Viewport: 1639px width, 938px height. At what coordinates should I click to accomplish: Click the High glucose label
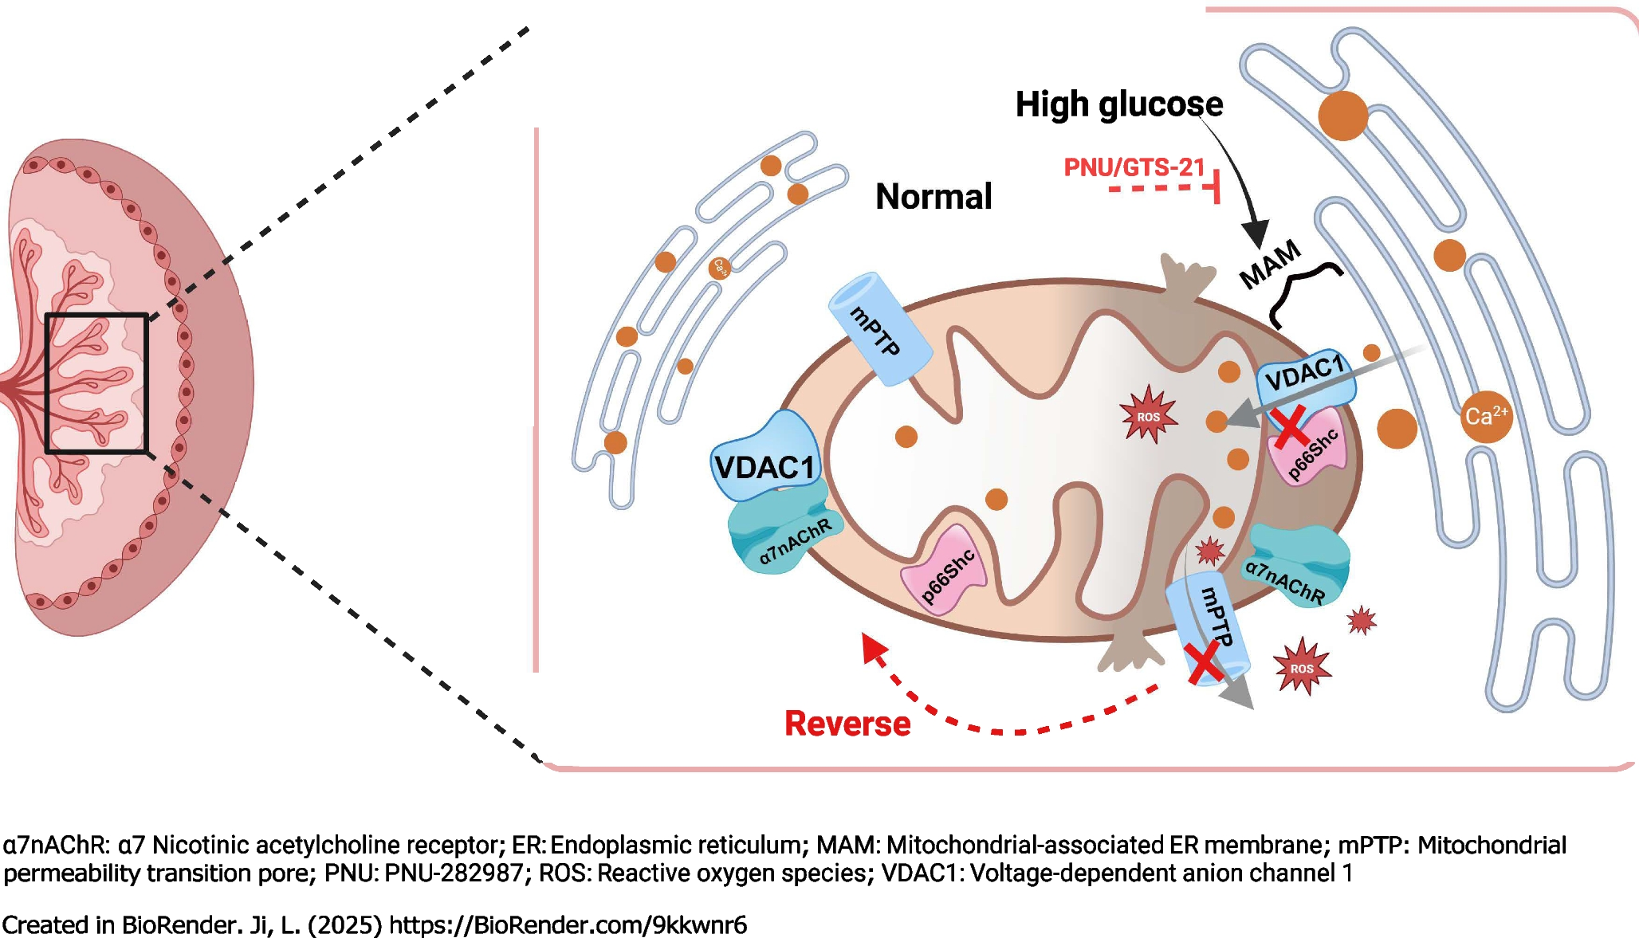(x=1118, y=104)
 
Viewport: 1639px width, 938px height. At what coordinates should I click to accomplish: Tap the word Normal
(x=933, y=197)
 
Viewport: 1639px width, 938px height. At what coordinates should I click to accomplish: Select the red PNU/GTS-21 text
(x=1134, y=167)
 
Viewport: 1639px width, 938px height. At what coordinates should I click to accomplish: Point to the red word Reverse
(x=847, y=724)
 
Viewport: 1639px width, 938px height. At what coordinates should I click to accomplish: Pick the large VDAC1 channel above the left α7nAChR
(x=765, y=461)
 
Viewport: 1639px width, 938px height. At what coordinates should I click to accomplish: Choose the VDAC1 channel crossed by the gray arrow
(x=1306, y=379)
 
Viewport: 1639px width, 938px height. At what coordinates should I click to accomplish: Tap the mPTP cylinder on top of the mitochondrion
(x=879, y=329)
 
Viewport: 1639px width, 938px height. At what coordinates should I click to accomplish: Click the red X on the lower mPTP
(x=1205, y=663)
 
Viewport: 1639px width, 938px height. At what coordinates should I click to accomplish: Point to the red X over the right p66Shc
(x=1290, y=426)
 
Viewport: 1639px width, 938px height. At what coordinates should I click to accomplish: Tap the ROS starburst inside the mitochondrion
(x=1148, y=415)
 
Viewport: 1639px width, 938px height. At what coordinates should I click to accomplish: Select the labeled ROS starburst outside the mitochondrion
(x=1302, y=667)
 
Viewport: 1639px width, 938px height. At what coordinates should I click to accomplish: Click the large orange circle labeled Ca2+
(x=1486, y=417)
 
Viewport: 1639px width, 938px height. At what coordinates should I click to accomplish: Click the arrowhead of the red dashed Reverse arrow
(x=874, y=647)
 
